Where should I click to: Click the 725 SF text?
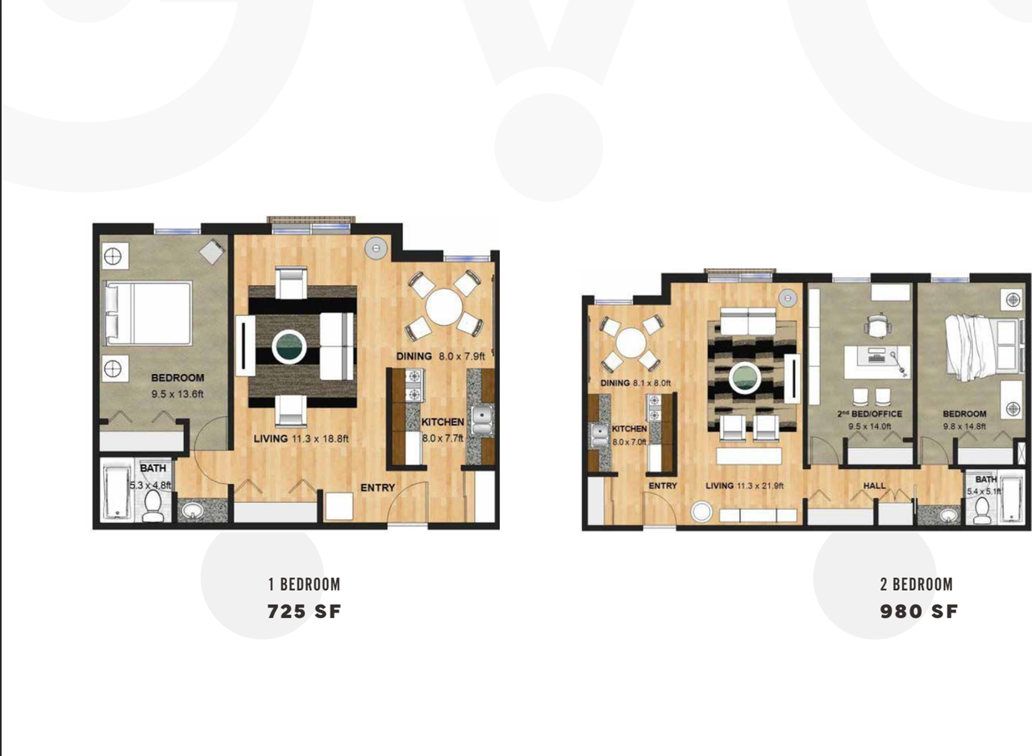point(304,612)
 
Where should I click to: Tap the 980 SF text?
point(919,612)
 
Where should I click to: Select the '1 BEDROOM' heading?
point(305,584)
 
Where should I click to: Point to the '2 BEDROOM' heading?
point(917,584)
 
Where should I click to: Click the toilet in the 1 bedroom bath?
point(152,505)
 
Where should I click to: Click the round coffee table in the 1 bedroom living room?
point(289,347)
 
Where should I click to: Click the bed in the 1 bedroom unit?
point(148,313)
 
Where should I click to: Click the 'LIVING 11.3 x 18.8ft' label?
point(302,438)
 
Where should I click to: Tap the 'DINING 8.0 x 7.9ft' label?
point(441,356)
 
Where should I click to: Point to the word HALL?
point(875,485)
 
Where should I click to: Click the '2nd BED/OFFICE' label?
point(870,414)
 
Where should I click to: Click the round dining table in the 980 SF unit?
point(630,344)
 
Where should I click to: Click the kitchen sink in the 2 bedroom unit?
point(599,435)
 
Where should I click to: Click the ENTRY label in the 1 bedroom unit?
point(378,488)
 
